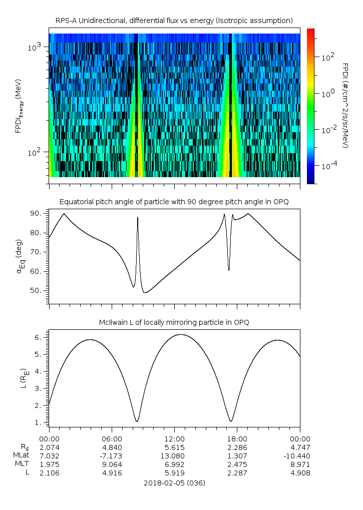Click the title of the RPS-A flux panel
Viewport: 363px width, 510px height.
click(174, 21)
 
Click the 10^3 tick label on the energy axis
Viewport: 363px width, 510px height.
click(34, 47)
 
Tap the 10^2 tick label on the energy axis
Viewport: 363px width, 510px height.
click(34, 152)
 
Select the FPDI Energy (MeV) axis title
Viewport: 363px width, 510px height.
click(19, 106)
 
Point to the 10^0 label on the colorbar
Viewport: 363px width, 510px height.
click(327, 94)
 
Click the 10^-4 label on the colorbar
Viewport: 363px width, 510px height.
click(329, 166)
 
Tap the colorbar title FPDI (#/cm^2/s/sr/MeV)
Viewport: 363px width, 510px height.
click(345, 106)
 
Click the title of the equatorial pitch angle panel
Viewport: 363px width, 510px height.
click(174, 202)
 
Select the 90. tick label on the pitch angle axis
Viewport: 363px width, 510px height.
click(36, 213)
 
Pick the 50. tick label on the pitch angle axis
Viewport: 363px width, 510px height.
click(36, 290)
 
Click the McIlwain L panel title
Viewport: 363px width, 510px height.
click(174, 322)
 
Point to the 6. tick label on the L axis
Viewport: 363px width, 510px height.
click(39, 338)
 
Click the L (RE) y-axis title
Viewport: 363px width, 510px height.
click(24, 379)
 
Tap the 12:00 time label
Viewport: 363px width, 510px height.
click(175, 439)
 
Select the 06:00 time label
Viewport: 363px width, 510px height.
click(112, 439)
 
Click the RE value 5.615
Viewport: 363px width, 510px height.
click(175, 447)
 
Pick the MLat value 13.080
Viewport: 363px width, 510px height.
click(172, 456)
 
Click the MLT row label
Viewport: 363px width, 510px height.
click(22, 463)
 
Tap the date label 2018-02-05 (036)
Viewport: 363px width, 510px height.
click(175, 483)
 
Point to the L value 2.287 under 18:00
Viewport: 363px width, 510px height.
click(237, 473)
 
